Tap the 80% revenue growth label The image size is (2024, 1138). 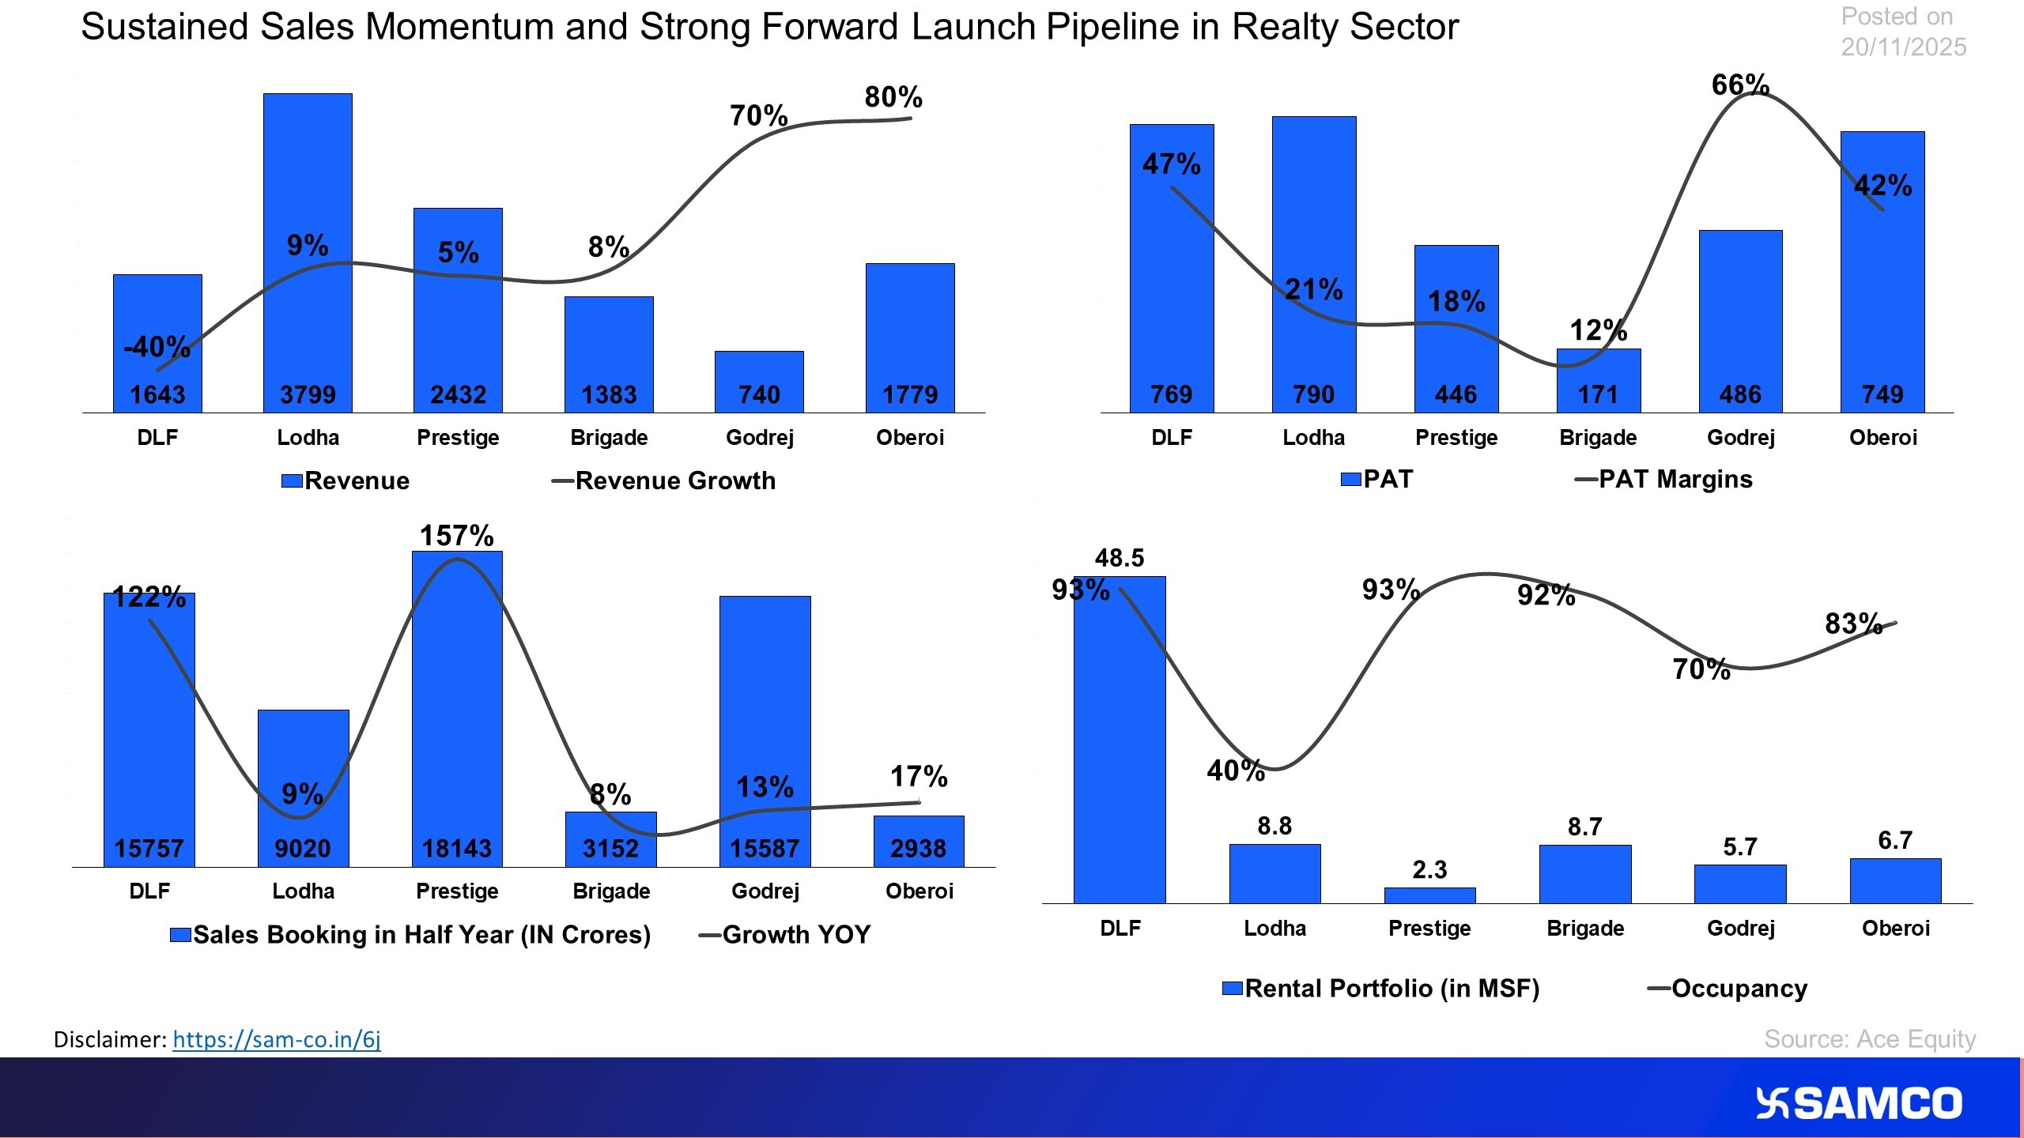(x=893, y=97)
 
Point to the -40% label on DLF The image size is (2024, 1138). (x=157, y=346)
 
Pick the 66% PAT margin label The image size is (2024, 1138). (x=1739, y=85)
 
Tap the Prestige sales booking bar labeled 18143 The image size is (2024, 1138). (x=457, y=711)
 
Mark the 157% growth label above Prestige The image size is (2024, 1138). (x=456, y=536)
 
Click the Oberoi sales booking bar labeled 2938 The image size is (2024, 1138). (x=919, y=842)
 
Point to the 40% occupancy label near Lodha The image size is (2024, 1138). (x=1235, y=771)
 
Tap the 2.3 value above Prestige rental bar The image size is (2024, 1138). (x=1429, y=869)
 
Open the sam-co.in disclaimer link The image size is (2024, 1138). (x=277, y=1039)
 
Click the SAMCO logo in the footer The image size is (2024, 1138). (x=1859, y=1103)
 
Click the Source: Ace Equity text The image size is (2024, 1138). (x=1869, y=1038)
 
